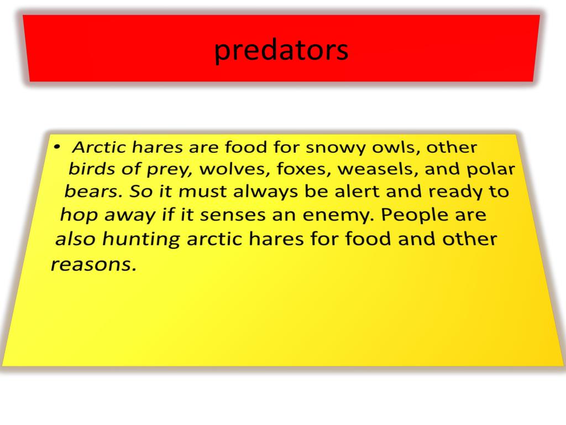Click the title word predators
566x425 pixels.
tap(281, 51)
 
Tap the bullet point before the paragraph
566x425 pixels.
tap(57, 148)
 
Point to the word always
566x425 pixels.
tap(264, 192)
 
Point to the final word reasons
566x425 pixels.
tap(93, 265)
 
